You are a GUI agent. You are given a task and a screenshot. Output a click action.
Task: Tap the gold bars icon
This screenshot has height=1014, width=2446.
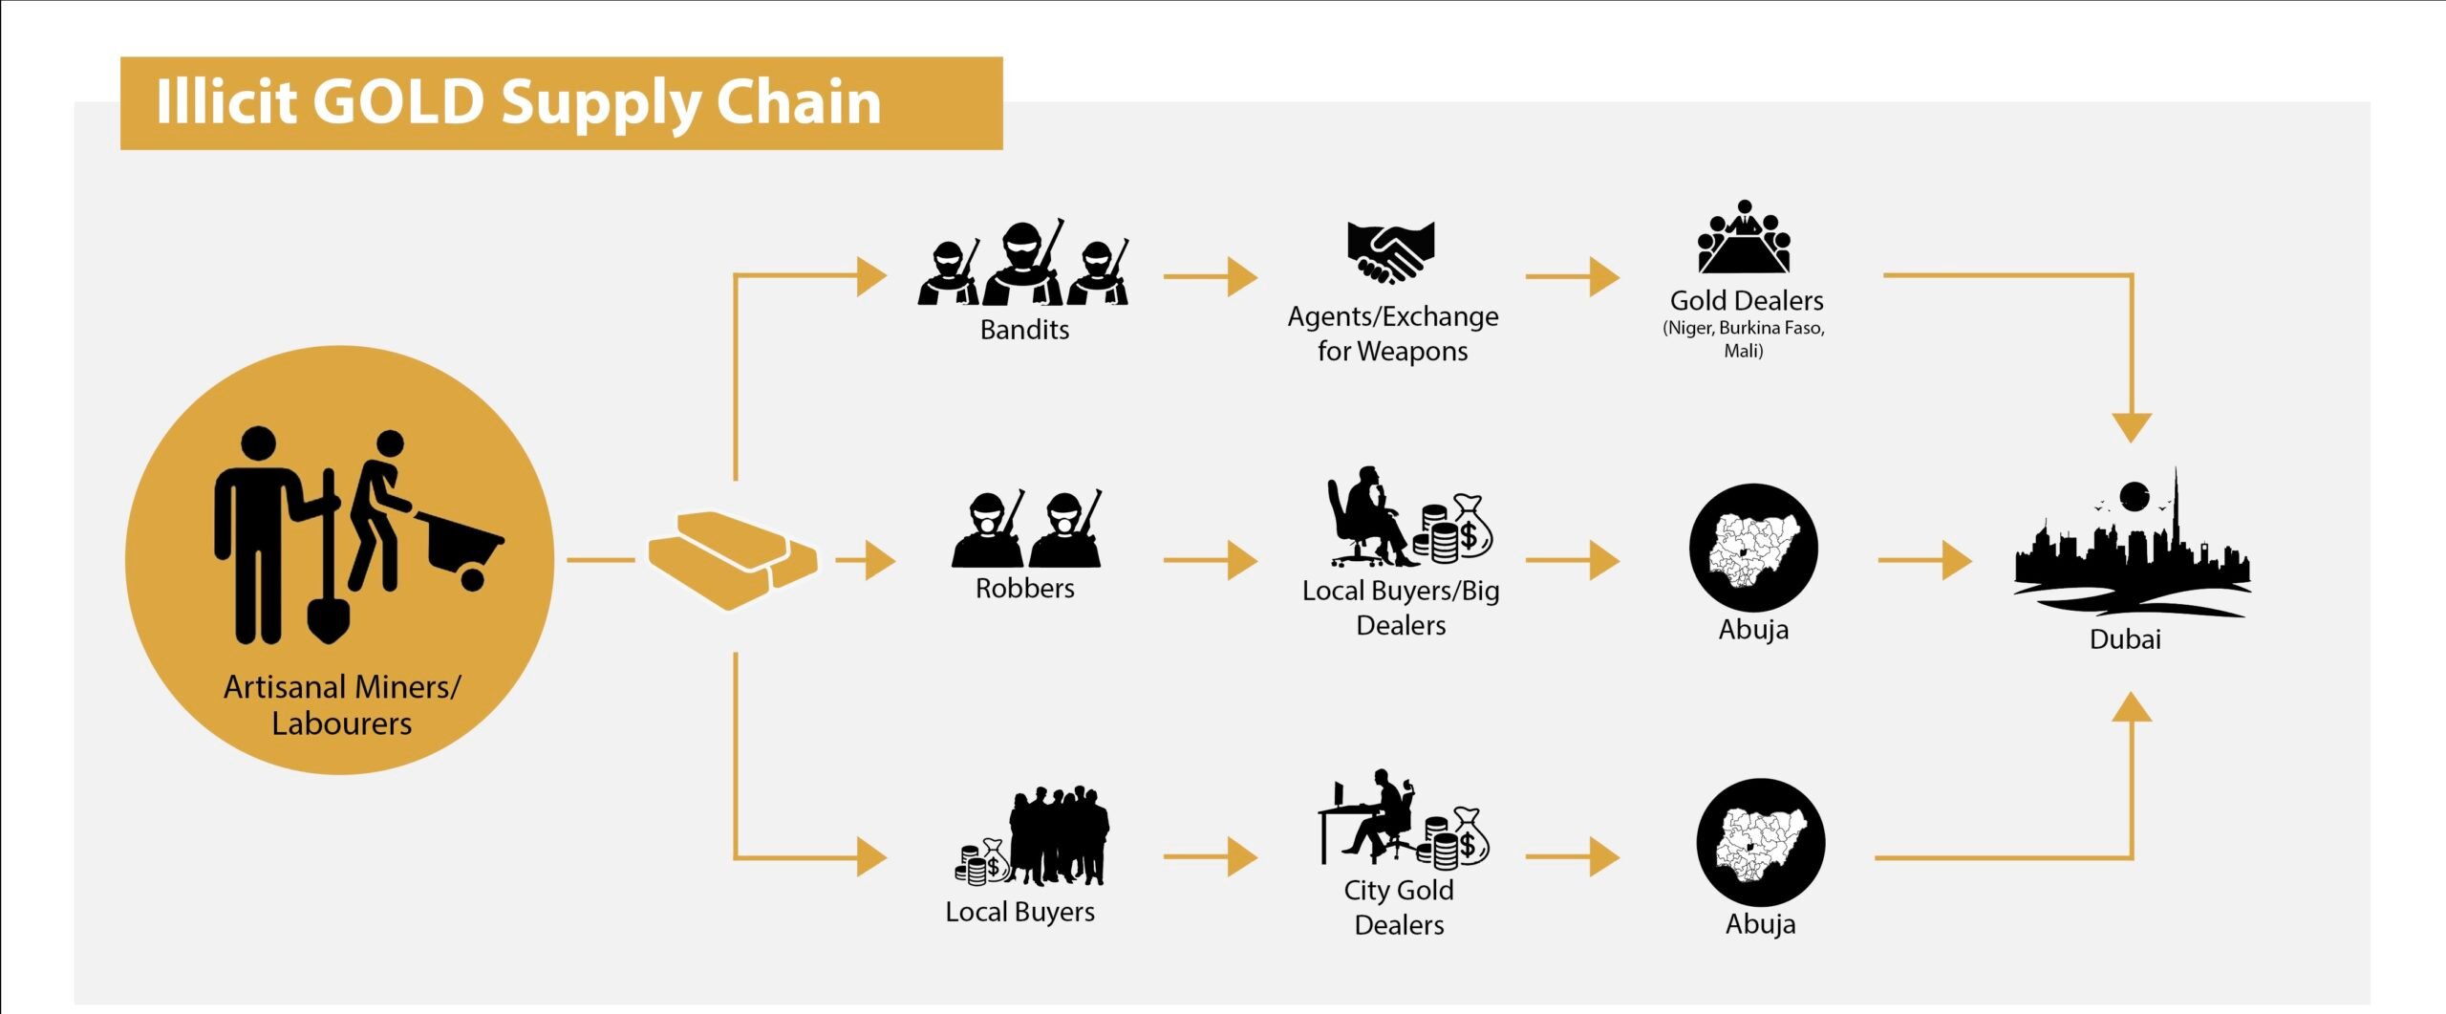(x=733, y=559)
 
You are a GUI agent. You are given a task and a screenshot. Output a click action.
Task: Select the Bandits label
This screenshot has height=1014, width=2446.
(x=1024, y=330)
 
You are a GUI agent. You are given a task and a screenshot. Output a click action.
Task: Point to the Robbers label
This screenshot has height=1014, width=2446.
(x=1024, y=588)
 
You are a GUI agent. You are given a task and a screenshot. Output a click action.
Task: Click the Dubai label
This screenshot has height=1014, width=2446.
(x=2125, y=639)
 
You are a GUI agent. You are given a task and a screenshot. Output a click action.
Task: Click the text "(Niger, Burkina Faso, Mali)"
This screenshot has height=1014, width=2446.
(x=1744, y=338)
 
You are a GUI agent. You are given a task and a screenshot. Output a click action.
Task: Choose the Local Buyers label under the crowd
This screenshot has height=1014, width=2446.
(x=1019, y=912)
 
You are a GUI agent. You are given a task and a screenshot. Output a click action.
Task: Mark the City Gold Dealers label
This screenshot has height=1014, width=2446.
(x=1399, y=907)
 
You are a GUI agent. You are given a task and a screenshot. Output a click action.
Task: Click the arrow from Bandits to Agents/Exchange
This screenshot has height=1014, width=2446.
(x=1210, y=276)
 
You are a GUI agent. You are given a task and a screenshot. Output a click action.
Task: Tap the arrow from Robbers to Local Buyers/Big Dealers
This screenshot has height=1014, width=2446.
(x=1210, y=560)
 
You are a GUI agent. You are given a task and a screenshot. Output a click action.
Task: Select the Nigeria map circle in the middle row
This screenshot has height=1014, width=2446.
(x=1753, y=548)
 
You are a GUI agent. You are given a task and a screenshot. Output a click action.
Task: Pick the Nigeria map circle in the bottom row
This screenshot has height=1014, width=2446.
(x=1760, y=843)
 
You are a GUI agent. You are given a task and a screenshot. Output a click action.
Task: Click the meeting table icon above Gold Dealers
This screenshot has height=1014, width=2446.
(x=1744, y=239)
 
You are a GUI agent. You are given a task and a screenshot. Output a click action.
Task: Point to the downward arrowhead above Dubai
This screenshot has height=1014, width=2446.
(x=2132, y=426)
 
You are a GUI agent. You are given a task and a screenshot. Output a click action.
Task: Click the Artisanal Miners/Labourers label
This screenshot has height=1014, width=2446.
(x=341, y=704)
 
